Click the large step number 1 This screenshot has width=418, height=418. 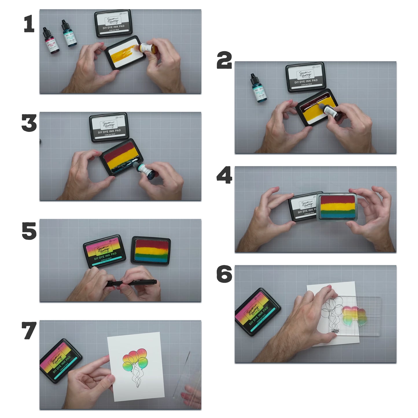(29, 24)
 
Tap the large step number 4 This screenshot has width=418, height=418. (224, 175)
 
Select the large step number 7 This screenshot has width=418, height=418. (29, 330)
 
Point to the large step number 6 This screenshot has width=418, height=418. (224, 274)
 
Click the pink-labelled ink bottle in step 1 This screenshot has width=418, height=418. (51, 41)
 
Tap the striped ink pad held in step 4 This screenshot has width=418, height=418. (337, 207)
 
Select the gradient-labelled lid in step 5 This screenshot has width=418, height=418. (104, 251)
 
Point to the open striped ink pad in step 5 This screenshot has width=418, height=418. (151, 251)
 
